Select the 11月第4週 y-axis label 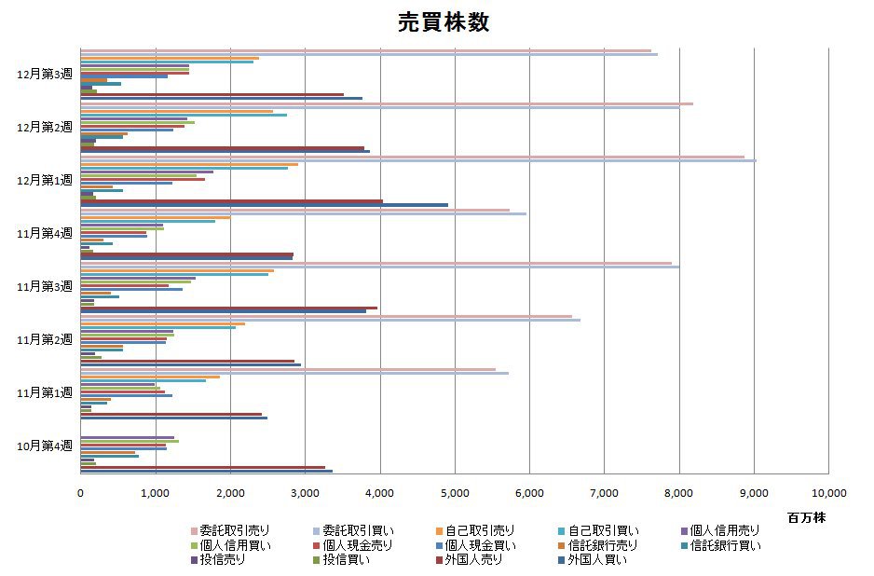coord(44,233)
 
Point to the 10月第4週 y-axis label coord(44,446)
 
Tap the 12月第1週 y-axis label coord(44,180)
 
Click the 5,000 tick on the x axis coord(455,493)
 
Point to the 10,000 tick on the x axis coord(827,493)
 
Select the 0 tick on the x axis coord(81,493)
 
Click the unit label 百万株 coord(805,516)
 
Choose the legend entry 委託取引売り coord(227,531)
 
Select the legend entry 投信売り coord(221,559)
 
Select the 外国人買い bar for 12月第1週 coord(265,205)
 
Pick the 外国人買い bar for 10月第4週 coord(207,471)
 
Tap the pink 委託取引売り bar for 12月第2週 coord(387,103)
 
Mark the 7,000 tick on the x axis coord(604,493)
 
